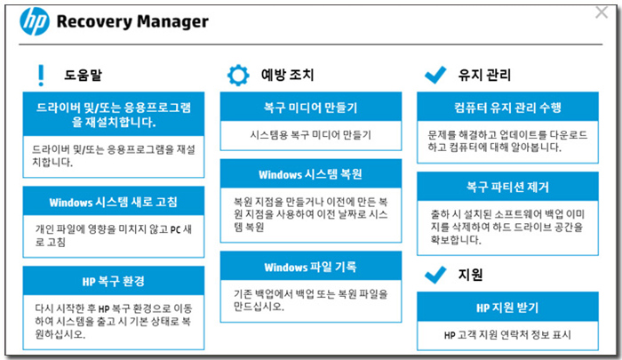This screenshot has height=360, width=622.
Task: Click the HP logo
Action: [35, 21]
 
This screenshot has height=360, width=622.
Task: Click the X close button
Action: [602, 12]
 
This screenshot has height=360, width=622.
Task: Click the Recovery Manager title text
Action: [132, 22]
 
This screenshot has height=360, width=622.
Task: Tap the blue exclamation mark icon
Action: [41, 76]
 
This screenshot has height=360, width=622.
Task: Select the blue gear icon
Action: [238, 75]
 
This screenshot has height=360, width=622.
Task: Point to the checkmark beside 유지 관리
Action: [435, 75]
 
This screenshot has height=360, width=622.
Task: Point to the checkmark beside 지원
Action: [435, 275]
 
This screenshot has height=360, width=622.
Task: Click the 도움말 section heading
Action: [83, 75]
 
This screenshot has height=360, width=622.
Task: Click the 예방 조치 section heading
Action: [287, 75]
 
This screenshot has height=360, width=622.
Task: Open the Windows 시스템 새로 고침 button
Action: [114, 202]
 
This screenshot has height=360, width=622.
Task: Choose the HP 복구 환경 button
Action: [114, 281]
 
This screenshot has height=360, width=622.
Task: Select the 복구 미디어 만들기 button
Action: [311, 108]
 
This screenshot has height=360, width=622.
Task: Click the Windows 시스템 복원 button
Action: [311, 174]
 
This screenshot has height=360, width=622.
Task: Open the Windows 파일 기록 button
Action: [311, 267]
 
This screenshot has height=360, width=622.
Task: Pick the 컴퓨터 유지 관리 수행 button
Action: [507, 108]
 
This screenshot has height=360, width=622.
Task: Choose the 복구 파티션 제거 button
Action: [507, 187]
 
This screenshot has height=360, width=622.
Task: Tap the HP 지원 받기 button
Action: [507, 308]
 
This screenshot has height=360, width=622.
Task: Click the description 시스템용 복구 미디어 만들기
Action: [311, 135]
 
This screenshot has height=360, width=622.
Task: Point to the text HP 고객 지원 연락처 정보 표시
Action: [507, 335]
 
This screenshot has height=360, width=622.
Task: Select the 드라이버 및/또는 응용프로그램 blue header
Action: [114, 115]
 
